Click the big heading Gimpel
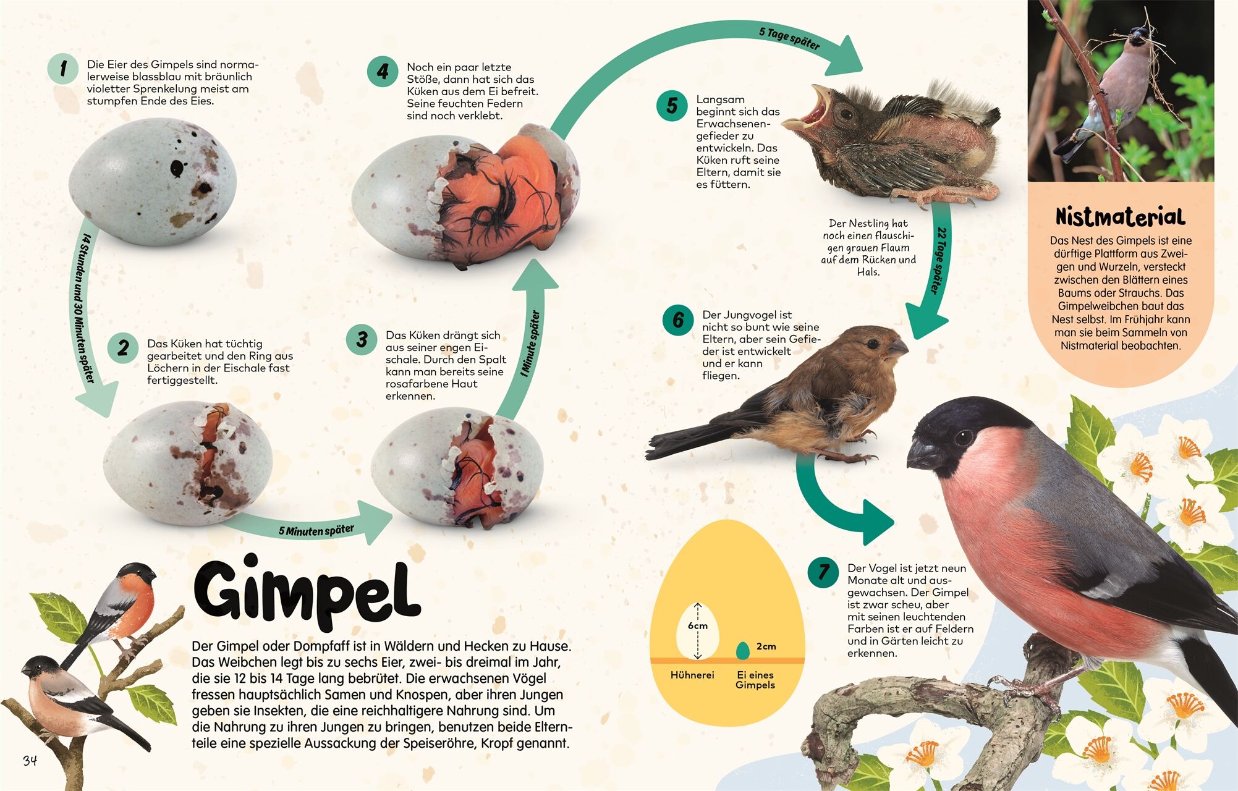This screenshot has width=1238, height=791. coord(307,591)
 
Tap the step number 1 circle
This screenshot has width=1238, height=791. coord(63,68)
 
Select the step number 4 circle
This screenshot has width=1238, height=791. coord(383,72)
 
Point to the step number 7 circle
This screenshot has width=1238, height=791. coord(823,572)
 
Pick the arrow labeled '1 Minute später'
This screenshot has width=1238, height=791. coord(528,346)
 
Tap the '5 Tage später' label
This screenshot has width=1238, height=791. coord(789,38)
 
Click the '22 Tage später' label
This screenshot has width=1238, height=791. coord(939,260)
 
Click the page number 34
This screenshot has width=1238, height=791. coord(30,760)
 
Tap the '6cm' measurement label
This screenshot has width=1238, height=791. coord(698,625)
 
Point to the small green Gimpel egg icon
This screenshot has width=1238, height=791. coord(742,650)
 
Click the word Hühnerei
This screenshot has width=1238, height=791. coord(692,675)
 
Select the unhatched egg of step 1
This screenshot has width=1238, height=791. coord(153,183)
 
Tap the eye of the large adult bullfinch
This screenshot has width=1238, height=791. coord(963,438)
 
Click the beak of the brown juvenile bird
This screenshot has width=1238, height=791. coord(899,347)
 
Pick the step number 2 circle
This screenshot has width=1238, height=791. coord(123,347)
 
